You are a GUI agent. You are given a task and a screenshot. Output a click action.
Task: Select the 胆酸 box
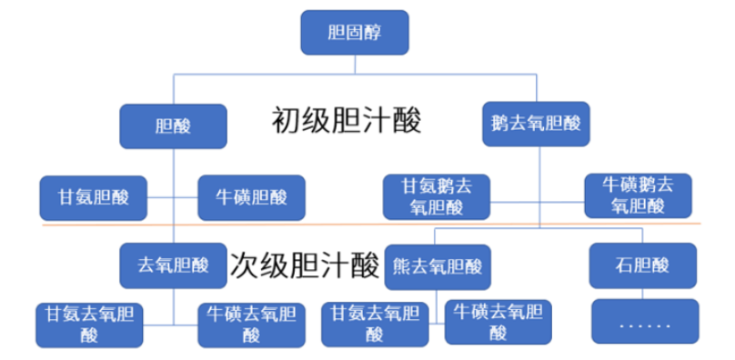[173, 126]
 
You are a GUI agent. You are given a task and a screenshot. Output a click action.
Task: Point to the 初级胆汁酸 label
[347, 120]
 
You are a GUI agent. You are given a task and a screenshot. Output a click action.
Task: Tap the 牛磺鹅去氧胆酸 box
[638, 195]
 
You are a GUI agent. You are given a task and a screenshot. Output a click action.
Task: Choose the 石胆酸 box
[642, 265]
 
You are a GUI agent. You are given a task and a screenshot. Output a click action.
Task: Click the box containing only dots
[642, 321]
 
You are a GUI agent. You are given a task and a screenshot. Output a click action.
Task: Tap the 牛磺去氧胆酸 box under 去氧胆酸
[252, 323]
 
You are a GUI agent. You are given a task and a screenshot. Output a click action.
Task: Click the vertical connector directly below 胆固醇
[354, 64]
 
